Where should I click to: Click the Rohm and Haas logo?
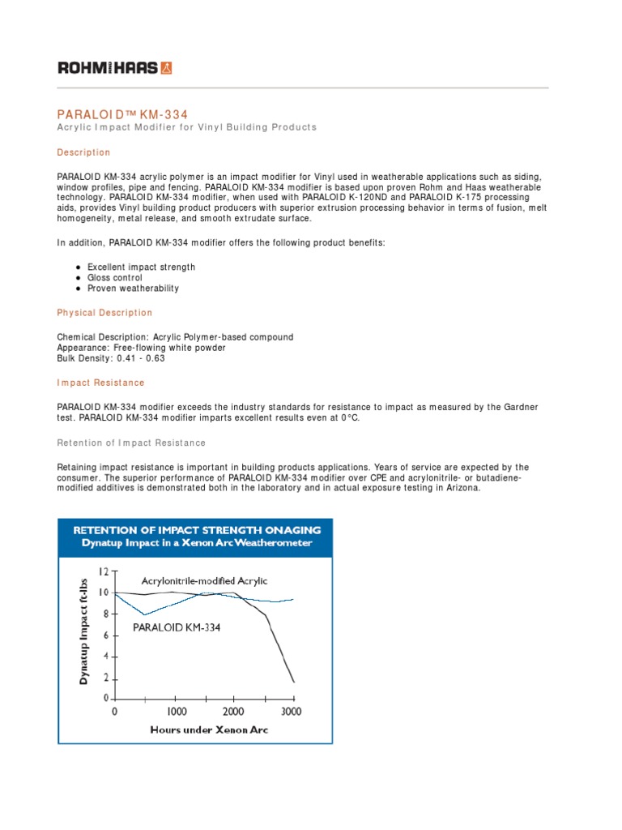(x=114, y=68)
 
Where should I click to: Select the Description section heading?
(x=83, y=152)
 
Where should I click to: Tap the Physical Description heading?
(x=104, y=313)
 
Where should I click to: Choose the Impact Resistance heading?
(x=100, y=383)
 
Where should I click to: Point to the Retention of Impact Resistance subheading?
(x=131, y=443)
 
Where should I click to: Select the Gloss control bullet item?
(x=115, y=278)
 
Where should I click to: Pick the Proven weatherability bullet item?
(x=133, y=289)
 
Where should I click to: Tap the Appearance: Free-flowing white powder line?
(x=141, y=348)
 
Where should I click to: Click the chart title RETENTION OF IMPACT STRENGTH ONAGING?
(x=197, y=530)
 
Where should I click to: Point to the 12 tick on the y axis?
(x=103, y=571)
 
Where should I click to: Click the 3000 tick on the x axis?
(x=291, y=712)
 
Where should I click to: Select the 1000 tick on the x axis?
(x=177, y=712)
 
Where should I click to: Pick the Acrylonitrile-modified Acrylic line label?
(x=204, y=581)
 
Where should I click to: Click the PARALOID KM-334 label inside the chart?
(x=177, y=627)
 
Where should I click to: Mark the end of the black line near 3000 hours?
(x=293, y=682)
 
